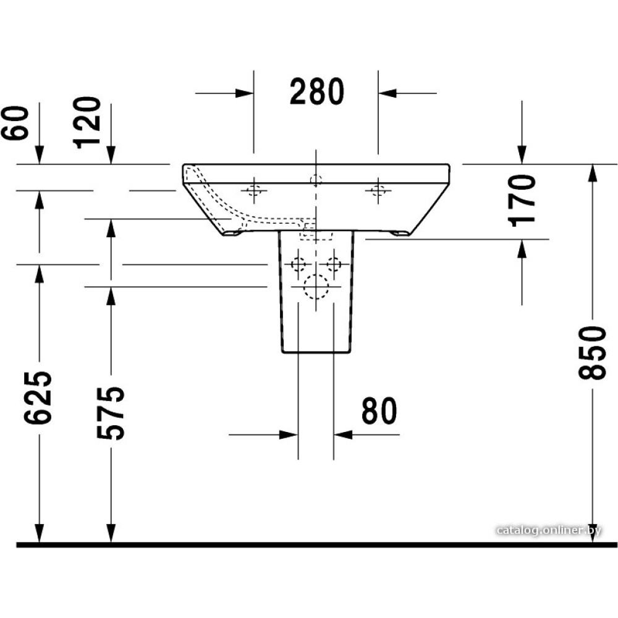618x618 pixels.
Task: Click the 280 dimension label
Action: pyautogui.click(x=317, y=91)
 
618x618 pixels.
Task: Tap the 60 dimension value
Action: pyautogui.click(x=15, y=122)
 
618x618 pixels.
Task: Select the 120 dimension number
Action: pyautogui.click(x=87, y=122)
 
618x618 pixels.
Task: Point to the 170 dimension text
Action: pyautogui.click(x=523, y=201)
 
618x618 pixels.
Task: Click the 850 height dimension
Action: pyautogui.click(x=593, y=353)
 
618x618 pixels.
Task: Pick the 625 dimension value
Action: pyautogui.click(x=38, y=397)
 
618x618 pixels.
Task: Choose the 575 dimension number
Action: pyautogui.click(x=111, y=413)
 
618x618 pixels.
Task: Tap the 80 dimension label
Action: pyautogui.click(x=379, y=411)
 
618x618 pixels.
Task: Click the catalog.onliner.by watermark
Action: pyautogui.click(x=549, y=530)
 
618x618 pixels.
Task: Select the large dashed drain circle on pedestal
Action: pyautogui.click(x=316, y=287)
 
